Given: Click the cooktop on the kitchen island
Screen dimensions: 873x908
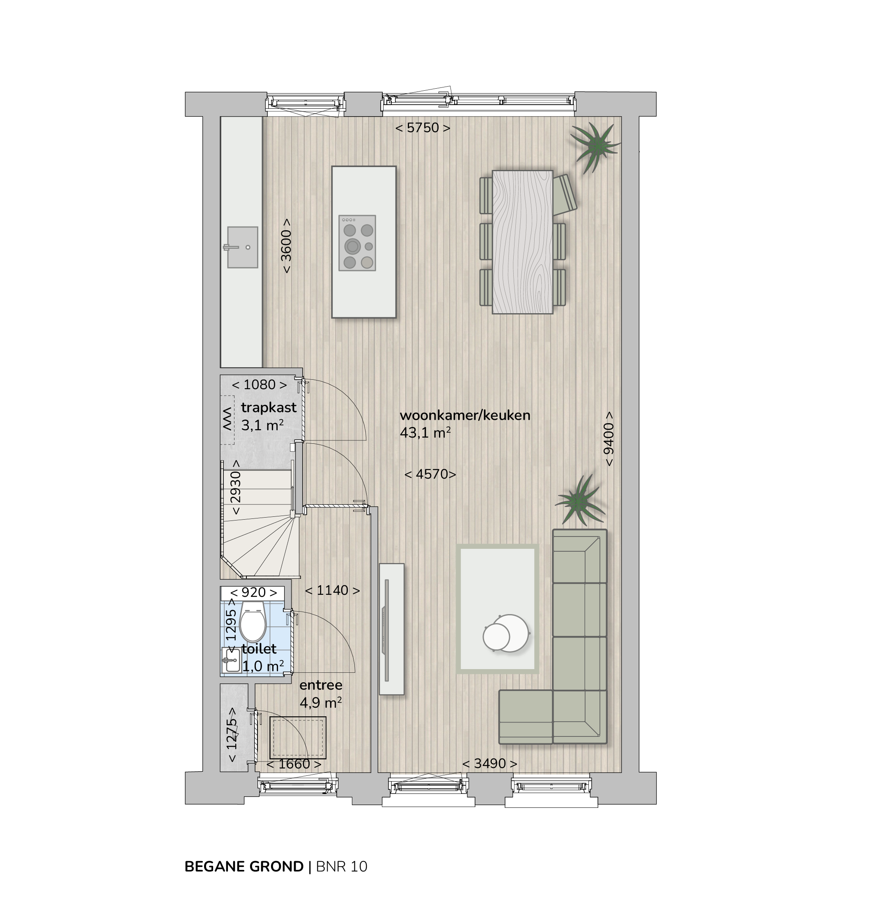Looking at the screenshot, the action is pos(357,243).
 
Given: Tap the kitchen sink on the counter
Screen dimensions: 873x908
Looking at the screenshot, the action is pos(242,247).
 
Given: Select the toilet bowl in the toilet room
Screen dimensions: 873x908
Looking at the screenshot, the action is pos(253,621).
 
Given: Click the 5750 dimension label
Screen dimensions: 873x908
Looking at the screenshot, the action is pos(423,127).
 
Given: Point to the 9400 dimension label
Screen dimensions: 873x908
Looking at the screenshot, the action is pos(609,439).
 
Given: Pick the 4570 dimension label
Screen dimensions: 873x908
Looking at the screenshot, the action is pos(430,474).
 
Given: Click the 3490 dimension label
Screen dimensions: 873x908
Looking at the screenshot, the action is pos(490,763).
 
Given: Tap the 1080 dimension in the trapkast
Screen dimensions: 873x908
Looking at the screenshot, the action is pos(260,385).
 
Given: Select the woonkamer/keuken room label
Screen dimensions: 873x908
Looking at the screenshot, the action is pos(465,415).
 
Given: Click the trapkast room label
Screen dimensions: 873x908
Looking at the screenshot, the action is pos(269,408).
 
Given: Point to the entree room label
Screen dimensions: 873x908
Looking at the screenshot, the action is pos(321,685).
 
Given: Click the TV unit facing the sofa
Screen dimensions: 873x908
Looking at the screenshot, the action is pos(392,628).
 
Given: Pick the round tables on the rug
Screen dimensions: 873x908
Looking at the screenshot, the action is pos(505,633).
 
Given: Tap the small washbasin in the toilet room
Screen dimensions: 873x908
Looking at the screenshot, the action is pos(231,660).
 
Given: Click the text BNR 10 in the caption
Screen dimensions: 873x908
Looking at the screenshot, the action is pos(342,866).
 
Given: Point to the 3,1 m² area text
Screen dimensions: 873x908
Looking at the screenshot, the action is pos(262,425).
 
